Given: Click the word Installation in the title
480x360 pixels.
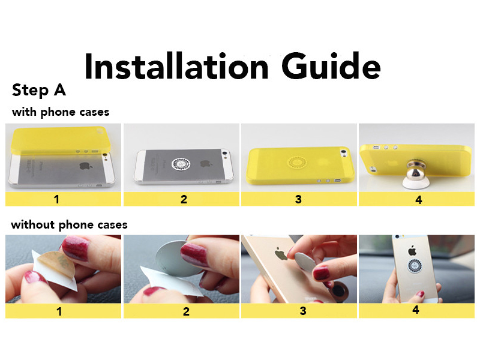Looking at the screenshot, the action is [176, 66].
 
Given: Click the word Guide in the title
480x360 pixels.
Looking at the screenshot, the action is [331, 66].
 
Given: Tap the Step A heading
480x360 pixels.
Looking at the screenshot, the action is [39, 91].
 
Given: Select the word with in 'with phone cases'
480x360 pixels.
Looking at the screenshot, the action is [24, 112].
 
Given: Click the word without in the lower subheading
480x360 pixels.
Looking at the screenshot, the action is [33, 224].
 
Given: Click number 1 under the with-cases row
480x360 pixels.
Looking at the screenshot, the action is [56, 199].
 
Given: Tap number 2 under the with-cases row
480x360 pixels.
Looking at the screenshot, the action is [184, 199].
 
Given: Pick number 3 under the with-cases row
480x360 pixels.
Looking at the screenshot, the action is [298, 199].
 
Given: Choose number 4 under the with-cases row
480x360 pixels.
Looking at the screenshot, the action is [418, 200].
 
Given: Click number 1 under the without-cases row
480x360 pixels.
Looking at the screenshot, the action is [59, 311].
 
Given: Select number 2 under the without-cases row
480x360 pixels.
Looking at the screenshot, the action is [186, 311].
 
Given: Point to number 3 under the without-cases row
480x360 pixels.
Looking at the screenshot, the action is [303, 311].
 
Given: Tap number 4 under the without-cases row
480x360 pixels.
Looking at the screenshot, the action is [415, 310].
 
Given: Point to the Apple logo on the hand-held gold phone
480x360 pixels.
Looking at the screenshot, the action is [412, 251].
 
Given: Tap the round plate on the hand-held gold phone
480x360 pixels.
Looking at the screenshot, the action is [415, 266].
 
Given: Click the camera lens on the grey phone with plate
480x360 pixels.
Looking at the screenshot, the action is [225, 152].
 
